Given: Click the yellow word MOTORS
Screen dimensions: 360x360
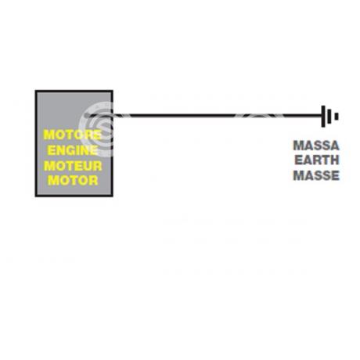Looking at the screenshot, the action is click(x=73, y=135).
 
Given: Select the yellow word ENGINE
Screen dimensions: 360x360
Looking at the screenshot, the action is click(x=73, y=150).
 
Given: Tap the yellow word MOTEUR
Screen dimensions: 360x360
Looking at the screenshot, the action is click(x=73, y=166).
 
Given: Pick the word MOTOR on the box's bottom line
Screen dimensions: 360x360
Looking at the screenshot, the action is click(x=73, y=181).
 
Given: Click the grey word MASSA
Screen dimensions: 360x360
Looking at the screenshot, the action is click(x=316, y=146).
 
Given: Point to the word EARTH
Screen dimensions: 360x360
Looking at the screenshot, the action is click(x=317, y=160).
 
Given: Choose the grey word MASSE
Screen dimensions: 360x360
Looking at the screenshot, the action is click(x=316, y=175).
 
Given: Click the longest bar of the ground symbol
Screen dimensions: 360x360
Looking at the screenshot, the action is click(x=323, y=117).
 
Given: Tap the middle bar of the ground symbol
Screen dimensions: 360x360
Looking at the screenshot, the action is click(x=329, y=117).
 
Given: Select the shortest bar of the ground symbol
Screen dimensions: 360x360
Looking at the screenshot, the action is click(x=337, y=117).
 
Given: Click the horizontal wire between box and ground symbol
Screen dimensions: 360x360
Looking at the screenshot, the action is click(x=205, y=115).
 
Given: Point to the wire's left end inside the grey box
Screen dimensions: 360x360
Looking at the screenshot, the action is click(x=87, y=115).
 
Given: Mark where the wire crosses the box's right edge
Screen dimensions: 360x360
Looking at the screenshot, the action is click(x=113, y=115).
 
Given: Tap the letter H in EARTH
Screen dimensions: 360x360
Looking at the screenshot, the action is click(x=334, y=160).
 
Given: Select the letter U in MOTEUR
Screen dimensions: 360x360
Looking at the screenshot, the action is click(x=87, y=166).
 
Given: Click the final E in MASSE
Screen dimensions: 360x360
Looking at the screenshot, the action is click(x=335, y=175).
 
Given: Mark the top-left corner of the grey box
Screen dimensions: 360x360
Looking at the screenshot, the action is click(x=36, y=91).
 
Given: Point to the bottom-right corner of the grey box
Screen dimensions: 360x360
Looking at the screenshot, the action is click(x=113, y=196).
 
